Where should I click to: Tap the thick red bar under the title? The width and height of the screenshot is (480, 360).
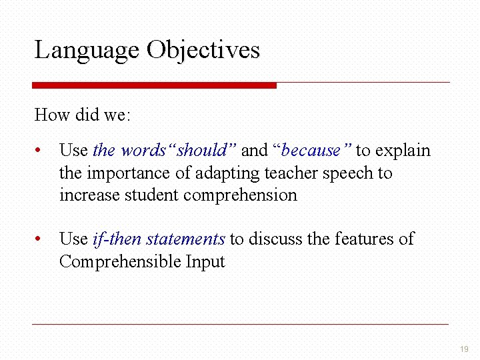click(x=154, y=85)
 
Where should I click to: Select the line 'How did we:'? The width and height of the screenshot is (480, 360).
click(x=83, y=115)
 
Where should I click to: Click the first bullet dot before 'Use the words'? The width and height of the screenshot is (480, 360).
click(x=41, y=151)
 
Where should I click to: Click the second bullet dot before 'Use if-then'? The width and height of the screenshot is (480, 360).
click(x=41, y=239)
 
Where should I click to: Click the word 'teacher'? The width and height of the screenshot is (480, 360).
click(x=291, y=173)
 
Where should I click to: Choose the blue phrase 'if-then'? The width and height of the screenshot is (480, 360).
click(x=117, y=239)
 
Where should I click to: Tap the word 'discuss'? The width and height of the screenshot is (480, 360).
click(x=275, y=239)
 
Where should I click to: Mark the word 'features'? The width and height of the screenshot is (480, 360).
click(x=361, y=239)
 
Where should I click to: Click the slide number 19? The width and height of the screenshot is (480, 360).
click(x=464, y=349)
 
